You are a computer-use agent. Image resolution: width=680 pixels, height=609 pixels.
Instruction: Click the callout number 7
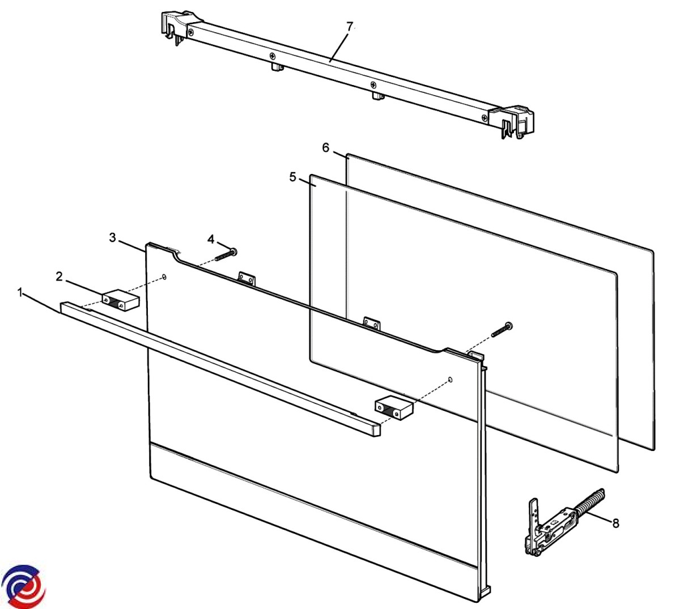(350, 27)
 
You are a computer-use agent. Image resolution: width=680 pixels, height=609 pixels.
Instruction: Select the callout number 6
(326, 148)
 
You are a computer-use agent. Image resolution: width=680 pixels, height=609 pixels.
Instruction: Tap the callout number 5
(292, 177)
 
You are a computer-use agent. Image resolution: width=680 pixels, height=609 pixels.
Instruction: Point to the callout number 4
(211, 239)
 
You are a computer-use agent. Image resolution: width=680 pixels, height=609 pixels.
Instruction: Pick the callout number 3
(112, 237)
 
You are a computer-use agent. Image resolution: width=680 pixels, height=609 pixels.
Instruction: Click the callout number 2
(59, 277)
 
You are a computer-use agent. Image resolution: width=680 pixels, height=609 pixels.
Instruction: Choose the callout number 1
(20, 292)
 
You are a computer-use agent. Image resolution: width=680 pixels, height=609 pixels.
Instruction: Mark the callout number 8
(615, 523)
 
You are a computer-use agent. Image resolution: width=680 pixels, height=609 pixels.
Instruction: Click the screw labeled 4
(226, 254)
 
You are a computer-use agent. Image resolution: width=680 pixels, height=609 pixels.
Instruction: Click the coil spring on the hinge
(590, 501)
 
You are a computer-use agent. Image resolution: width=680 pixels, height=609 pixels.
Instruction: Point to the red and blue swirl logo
(23, 585)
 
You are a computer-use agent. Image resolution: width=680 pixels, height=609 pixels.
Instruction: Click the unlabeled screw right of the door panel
(501, 330)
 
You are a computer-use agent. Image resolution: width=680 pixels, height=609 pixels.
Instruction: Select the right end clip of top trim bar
(511, 122)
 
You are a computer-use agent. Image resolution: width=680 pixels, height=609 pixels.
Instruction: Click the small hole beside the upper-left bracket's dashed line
(164, 277)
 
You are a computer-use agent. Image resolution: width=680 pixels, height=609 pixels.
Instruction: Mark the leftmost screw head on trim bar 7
(190, 32)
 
